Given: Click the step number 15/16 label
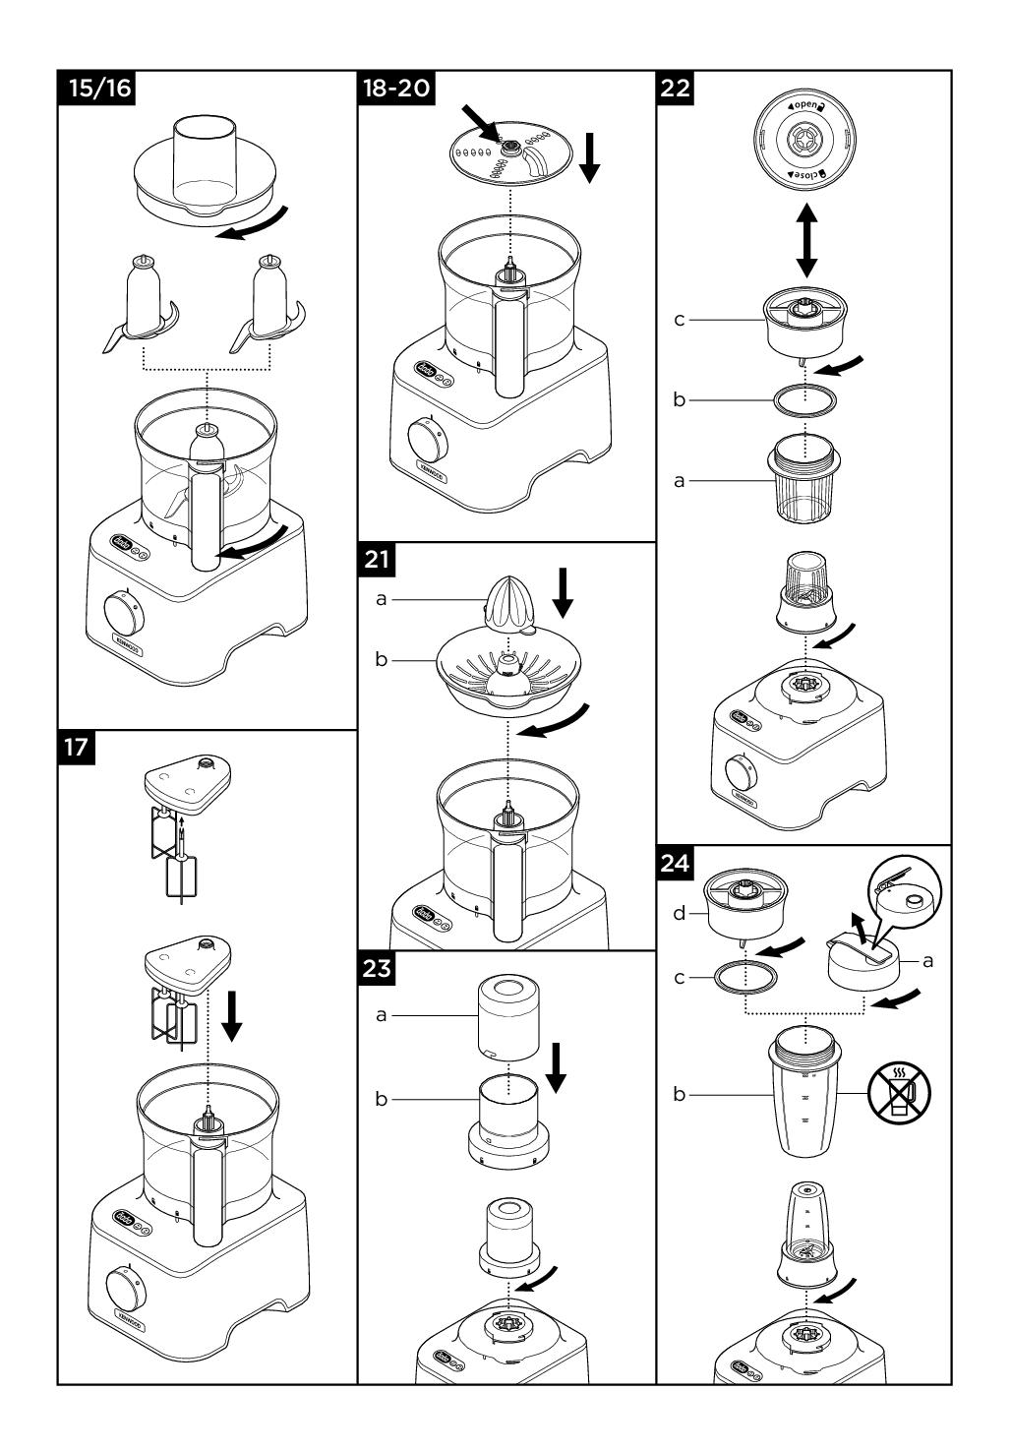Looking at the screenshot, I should click(95, 88).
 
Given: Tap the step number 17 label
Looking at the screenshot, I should click(76, 747).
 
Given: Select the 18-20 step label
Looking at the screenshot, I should click(396, 88).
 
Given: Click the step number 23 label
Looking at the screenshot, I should click(377, 968).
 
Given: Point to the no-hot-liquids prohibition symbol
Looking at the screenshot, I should click(898, 1092).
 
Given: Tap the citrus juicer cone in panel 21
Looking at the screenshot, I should click(508, 601).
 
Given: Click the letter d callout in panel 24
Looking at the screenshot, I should click(678, 914).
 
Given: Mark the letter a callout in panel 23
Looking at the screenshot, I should click(381, 1014).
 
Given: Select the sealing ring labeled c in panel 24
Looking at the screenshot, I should click(745, 979).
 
